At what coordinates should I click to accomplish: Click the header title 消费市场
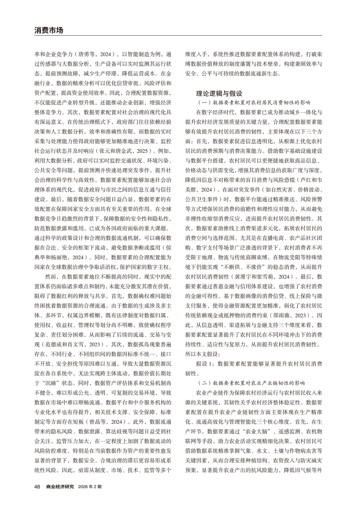(49, 30)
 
